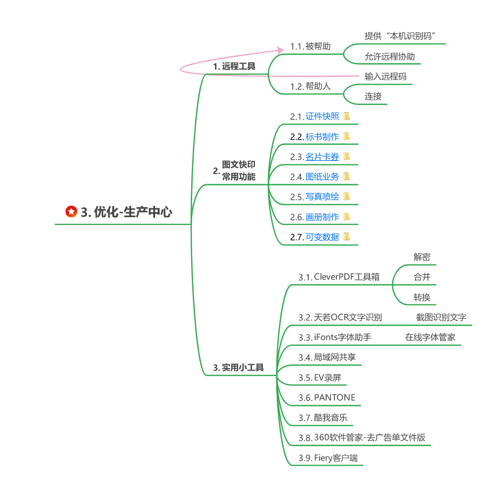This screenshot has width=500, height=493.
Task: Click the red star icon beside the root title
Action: pos(72,212)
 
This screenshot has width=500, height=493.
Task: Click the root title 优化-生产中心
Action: pos(126,212)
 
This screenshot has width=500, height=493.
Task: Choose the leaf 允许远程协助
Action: pos(390,56)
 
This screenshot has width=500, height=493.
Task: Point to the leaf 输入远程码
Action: pos(385,76)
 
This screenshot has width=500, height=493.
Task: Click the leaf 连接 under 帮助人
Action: pos(374,96)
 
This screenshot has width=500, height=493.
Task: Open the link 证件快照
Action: pos(322,116)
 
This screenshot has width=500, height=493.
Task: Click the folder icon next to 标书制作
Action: pos(347,136)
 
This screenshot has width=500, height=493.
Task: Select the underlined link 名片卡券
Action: pos(322,157)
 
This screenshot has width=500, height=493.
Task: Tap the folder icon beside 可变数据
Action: pos(347,237)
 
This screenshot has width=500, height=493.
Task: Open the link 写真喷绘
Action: pos(322,197)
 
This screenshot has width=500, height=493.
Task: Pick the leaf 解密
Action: pos(422,257)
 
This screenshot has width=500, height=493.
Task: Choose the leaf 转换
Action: pos(422,297)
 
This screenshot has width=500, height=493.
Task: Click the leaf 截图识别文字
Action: pos(441,317)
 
